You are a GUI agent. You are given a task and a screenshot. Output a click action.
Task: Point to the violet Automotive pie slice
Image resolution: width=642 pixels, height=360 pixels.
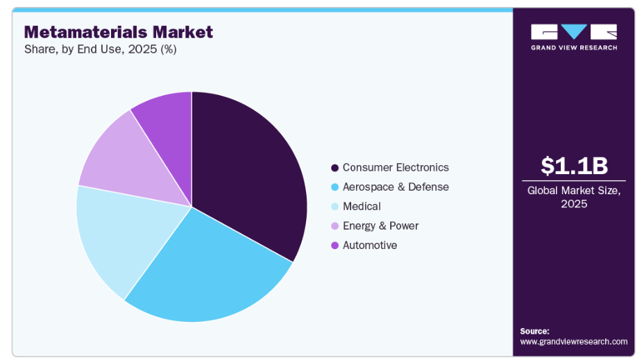click(x=167, y=114)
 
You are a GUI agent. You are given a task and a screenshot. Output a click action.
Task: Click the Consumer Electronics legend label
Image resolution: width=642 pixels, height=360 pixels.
click(x=396, y=167)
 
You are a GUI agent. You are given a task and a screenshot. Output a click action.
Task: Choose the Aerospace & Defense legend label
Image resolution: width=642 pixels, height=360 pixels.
click(x=396, y=187)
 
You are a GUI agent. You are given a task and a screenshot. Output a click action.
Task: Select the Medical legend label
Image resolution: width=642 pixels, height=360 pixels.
click(x=362, y=206)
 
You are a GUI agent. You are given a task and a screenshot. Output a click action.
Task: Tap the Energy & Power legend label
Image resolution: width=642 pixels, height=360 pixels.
click(x=380, y=225)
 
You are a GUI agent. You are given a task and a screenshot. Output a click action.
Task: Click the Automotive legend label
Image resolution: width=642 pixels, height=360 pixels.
click(x=370, y=245)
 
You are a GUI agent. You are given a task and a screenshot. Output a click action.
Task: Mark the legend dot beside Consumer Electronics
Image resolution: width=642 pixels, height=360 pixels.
click(x=335, y=168)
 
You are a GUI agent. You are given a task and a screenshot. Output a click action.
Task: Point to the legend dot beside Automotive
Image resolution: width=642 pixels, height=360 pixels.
click(x=335, y=246)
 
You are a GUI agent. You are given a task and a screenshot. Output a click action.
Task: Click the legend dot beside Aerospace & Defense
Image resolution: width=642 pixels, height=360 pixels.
click(x=335, y=187)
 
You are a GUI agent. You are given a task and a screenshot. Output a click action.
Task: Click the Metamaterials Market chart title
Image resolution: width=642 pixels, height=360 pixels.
click(x=119, y=32)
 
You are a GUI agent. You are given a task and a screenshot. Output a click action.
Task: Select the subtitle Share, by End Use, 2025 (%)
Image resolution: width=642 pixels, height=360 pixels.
click(x=101, y=49)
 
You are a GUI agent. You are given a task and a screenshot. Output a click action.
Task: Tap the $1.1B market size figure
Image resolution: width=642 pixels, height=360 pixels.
click(x=574, y=166)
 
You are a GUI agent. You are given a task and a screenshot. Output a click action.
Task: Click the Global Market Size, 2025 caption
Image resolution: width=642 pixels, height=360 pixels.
click(x=574, y=196)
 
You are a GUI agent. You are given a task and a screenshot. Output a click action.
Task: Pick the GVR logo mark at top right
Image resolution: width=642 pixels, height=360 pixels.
click(x=574, y=31)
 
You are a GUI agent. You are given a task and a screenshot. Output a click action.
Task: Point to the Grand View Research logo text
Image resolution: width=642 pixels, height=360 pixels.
click(x=574, y=47)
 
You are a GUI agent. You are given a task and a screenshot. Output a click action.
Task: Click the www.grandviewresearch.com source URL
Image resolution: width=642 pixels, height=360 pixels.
click(x=573, y=341)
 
